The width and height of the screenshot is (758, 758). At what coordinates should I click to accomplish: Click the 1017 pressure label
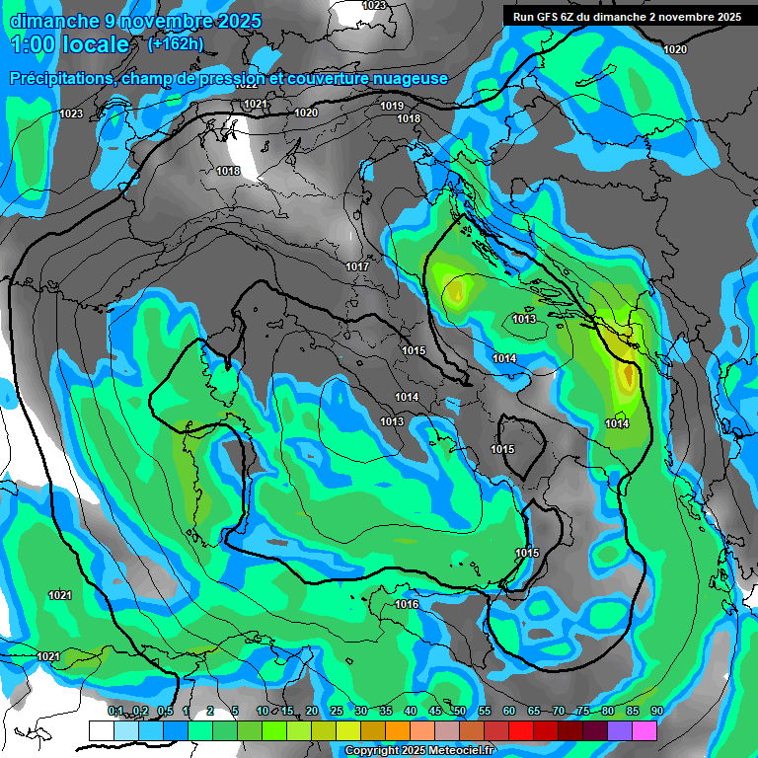(x=357, y=266)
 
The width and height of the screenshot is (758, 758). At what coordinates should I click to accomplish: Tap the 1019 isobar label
(x=392, y=106)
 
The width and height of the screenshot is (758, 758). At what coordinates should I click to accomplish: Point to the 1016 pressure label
(x=407, y=604)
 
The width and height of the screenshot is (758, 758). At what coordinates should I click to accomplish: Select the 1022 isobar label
(x=248, y=86)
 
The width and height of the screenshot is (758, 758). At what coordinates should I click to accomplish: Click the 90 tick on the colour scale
(x=656, y=711)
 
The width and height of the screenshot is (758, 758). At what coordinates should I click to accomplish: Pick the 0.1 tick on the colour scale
(x=115, y=711)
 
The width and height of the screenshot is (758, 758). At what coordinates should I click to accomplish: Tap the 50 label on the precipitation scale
(x=460, y=711)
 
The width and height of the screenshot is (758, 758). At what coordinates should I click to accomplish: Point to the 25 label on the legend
(x=336, y=711)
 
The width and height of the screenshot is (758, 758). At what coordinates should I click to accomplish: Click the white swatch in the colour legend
(x=101, y=730)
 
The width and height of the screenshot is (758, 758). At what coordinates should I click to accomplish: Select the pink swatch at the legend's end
(x=644, y=730)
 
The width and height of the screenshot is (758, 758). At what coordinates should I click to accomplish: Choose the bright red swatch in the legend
(x=521, y=730)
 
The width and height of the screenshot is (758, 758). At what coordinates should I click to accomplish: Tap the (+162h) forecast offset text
(x=175, y=44)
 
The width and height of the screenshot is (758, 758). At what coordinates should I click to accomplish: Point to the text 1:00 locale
(x=69, y=45)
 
